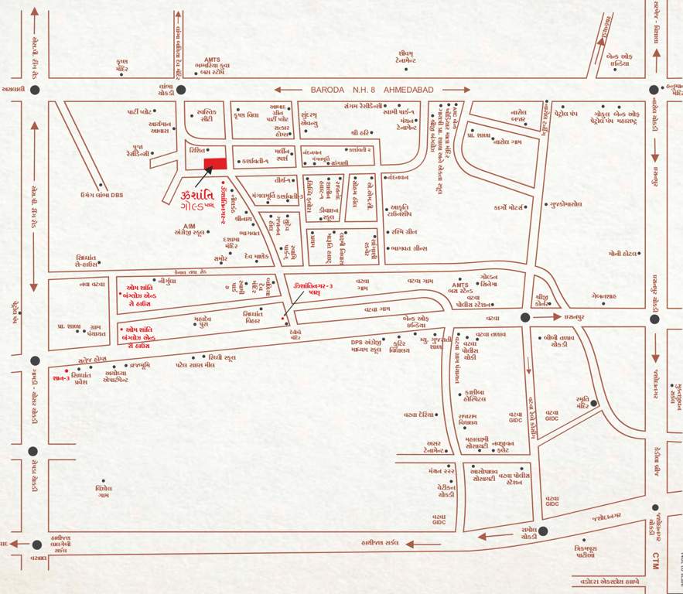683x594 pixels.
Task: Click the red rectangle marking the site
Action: (215, 162)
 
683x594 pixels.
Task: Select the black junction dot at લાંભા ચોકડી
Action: (181, 90)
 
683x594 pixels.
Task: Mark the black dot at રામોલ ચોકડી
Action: (543, 531)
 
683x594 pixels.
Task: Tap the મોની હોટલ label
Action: (623, 253)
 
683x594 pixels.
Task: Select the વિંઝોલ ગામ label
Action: (104, 492)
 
